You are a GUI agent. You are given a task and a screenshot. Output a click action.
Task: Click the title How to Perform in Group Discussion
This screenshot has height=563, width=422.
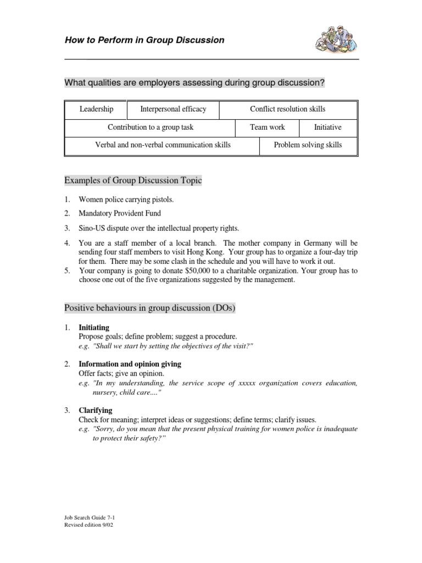point(145,40)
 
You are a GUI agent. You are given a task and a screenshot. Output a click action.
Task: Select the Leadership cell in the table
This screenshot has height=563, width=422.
point(96,109)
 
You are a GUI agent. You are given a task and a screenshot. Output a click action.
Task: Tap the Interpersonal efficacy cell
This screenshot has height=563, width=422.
point(173,109)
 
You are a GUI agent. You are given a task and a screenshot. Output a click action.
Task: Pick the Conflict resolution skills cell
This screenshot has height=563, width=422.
point(287,109)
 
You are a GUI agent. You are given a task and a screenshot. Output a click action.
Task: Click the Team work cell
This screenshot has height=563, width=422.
point(268,127)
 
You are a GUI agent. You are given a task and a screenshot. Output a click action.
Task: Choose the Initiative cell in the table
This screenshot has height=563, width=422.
point(327,127)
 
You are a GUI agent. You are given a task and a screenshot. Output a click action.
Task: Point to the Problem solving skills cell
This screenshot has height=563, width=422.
point(308,145)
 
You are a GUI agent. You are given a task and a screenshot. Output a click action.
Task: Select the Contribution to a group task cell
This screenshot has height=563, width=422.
point(151,127)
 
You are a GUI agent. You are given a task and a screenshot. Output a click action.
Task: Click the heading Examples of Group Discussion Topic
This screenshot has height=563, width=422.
point(133,180)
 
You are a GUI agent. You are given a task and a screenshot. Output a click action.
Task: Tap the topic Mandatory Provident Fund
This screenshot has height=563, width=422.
point(120,213)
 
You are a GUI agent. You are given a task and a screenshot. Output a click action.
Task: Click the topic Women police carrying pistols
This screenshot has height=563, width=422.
point(130,199)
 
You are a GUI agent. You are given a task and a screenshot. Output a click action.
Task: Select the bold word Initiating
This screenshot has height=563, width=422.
point(94,328)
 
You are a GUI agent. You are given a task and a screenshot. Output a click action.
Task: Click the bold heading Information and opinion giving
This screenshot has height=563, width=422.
point(130,364)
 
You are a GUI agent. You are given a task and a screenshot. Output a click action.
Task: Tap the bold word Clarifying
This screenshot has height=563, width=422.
point(96,410)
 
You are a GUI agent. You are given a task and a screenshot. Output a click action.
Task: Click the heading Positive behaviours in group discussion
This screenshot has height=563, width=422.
point(149,308)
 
